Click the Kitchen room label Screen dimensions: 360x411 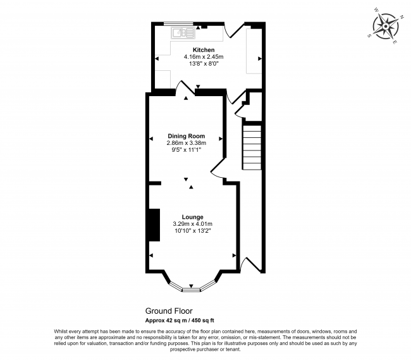[204, 49]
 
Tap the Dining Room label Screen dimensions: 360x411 [186, 136]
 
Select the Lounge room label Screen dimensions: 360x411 [192, 216]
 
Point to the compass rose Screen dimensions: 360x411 [384, 27]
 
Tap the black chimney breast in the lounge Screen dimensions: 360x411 [152, 225]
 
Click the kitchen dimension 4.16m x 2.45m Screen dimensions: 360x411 [204, 56]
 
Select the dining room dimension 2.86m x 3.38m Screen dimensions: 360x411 [186, 143]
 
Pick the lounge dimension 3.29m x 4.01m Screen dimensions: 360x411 [192, 223]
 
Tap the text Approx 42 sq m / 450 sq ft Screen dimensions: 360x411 [180, 320]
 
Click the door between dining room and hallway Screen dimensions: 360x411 [218, 170]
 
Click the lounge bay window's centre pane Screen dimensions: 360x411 [192, 289]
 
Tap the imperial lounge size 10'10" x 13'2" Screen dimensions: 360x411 [192, 231]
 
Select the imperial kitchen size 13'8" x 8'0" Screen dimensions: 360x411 [204, 63]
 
